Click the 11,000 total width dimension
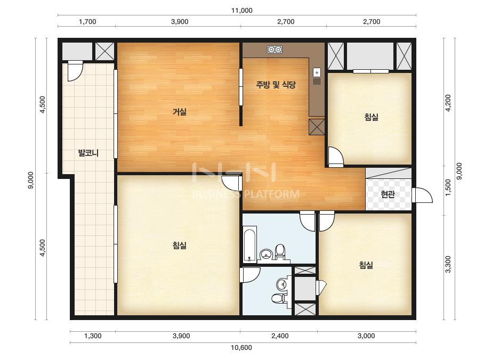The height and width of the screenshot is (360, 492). point(241,10)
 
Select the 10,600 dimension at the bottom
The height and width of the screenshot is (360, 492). point(241,347)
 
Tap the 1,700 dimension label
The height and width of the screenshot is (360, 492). point(87,22)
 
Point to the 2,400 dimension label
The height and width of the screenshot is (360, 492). point(280,336)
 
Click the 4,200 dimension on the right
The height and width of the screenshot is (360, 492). point(448,103)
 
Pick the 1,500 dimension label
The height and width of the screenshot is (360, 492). point(448,187)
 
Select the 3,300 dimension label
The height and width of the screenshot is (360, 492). point(448,264)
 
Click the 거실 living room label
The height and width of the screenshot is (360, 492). point(180,112)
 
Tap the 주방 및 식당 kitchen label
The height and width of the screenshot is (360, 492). point(276,85)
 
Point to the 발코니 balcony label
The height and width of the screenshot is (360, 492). point(88,153)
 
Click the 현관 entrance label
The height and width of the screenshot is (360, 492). point(388,194)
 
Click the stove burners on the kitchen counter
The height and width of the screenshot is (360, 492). point(275,49)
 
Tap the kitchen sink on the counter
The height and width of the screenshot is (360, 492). point(317,77)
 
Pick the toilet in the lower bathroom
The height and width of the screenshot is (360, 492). point(278,298)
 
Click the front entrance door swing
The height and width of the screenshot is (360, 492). point(422,195)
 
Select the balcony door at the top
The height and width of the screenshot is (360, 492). point(75,71)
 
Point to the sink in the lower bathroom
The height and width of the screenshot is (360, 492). point(282,284)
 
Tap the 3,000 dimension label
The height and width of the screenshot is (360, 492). point(366,336)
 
